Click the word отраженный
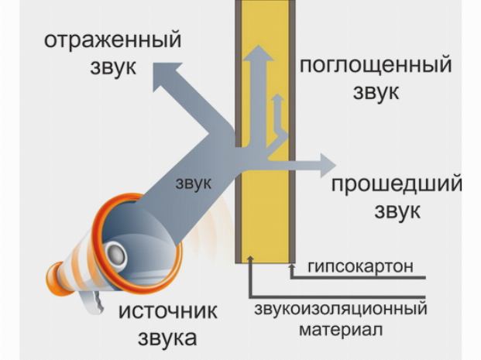tap(112, 39)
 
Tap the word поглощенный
tap(376, 65)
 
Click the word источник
tap(167, 312)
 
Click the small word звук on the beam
tap(194, 183)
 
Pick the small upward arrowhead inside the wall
tap(276, 101)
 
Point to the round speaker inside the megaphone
tap(117, 252)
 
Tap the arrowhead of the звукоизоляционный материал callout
tap(249, 262)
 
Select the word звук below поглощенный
tap(376, 92)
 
